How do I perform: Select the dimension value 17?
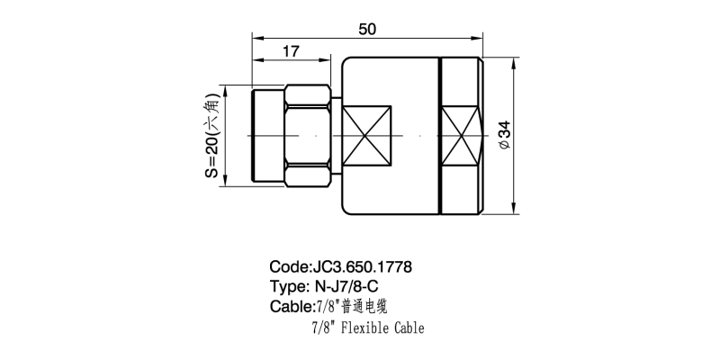(x=291, y=51)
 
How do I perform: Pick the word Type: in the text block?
(x=290, y=287)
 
